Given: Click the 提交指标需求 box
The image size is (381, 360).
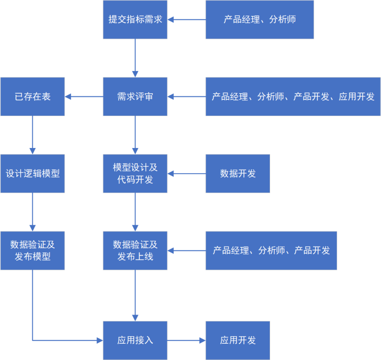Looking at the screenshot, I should (135, 19).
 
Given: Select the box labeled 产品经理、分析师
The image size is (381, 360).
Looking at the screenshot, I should (260, 19).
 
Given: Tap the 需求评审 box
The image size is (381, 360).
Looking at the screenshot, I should (135, 97).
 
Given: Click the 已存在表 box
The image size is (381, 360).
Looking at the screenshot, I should (32, 97).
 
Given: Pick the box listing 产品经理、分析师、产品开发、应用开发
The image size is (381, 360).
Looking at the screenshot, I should (293, 97).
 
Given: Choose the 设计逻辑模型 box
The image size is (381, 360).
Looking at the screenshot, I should (32, 174).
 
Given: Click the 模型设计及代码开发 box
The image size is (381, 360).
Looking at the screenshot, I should (135, 174).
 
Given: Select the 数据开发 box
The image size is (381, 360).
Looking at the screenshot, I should (238, 174).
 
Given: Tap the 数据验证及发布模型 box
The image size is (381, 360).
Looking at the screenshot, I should (32, 250).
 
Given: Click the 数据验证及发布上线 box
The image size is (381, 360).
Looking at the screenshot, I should (135, 250).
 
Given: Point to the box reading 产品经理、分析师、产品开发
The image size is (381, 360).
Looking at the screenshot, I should (271, 250).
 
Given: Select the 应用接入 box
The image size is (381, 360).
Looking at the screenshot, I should (135, 340).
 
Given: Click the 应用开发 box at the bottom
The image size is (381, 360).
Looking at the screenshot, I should (238, 340).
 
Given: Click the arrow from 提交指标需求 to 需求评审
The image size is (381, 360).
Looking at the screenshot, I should (135, 58).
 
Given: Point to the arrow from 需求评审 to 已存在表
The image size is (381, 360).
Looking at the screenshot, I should (84, 97).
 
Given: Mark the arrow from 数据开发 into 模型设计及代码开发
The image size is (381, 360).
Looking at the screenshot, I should (186, 174).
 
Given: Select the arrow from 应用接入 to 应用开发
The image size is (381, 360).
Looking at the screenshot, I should (186, 340).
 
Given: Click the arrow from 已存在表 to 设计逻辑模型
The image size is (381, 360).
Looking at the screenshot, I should (32, 135).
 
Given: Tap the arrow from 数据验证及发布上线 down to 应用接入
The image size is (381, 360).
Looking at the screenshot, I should (135, 295).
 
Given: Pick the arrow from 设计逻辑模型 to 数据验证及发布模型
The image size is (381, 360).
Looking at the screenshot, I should (32, 212).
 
